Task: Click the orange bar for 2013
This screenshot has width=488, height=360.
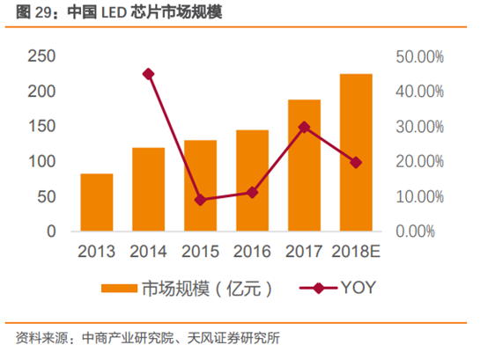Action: (x=96, y=202)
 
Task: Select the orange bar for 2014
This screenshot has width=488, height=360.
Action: (x=148, y=189)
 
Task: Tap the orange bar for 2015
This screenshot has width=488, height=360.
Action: (x=200, y=186)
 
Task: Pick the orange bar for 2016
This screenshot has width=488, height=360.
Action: (x=252, y=180)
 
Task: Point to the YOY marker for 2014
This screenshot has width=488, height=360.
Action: (x=148, y=74)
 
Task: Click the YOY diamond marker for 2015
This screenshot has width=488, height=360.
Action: (x=200, y=200)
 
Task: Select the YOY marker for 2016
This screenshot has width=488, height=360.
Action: (x=252, y=192)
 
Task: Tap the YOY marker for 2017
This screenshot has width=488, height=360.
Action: (x=304, y=127)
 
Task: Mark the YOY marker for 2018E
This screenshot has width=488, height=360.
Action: (x=356, y=162)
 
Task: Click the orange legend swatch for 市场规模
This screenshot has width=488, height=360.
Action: (x=118, y=289)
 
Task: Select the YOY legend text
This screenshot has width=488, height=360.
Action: (x=358, y=289)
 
